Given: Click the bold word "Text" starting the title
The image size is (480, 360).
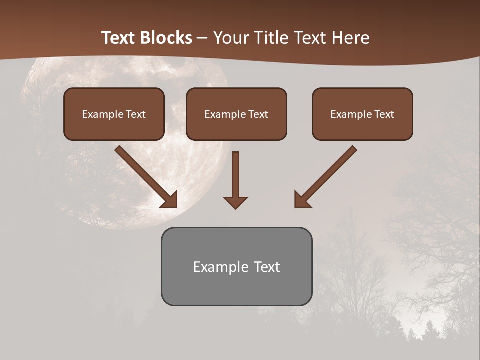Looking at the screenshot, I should click(118, 38).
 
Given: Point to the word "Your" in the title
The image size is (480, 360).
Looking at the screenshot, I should click(233, 38).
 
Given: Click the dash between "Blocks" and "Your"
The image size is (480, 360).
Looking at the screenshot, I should click(203, 38).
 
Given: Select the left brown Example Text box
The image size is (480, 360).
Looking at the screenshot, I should click(114, 114).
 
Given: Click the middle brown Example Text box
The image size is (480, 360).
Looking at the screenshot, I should click(236, 114).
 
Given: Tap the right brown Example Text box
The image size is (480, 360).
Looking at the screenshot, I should click(362, 114).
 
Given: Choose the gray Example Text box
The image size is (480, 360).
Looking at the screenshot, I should click(236, 266).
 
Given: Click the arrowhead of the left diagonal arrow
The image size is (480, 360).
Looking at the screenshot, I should click(170, 200).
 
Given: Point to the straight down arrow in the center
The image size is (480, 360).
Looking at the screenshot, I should click(235, 180).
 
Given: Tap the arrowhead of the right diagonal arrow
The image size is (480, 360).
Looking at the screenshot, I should click(302, 200).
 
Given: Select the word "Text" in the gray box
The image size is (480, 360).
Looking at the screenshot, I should click(266, 267).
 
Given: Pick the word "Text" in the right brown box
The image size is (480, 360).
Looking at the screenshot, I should click(384, 114).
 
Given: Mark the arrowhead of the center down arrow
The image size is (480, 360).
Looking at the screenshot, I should click(235, 202).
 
